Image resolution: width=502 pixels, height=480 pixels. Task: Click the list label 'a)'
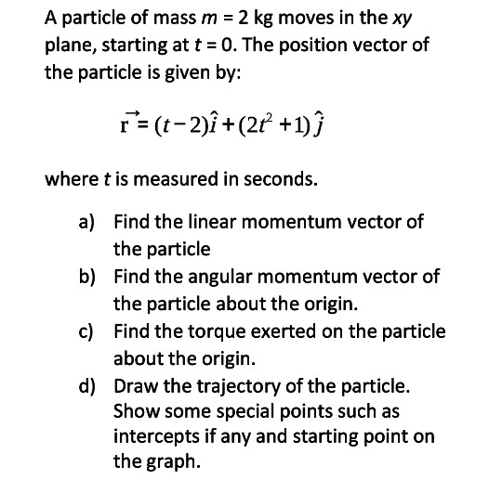[x=87, y=222]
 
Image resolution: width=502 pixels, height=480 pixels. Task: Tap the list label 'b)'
[x=87, y=277]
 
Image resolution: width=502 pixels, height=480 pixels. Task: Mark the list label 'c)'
[x=86, y=331]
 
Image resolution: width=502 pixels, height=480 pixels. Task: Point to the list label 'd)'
[x=87, y=385]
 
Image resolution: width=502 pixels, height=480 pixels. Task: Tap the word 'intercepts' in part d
[x=154, y=436]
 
